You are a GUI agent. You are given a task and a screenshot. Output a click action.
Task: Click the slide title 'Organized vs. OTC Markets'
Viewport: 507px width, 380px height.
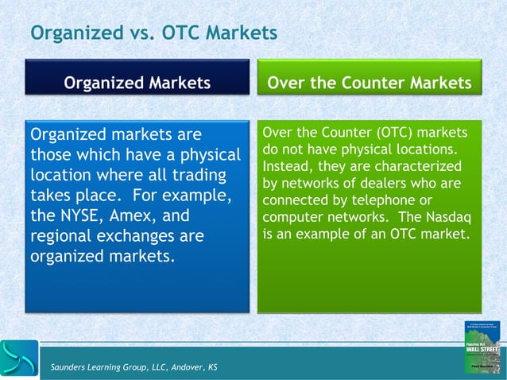(x=153, y=33)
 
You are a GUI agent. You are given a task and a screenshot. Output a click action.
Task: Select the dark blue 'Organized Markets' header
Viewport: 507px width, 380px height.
(x=137, y=83)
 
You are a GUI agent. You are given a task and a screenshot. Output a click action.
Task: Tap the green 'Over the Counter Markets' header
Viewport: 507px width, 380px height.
(x=369, y=83)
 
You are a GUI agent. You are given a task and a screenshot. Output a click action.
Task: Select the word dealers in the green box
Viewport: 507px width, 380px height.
(x=392, y=184)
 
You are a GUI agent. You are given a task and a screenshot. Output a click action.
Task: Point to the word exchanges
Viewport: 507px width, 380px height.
(x=150, y=236)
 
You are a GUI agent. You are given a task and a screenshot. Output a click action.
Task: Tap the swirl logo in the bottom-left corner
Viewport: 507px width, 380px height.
(x=19, y=358)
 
